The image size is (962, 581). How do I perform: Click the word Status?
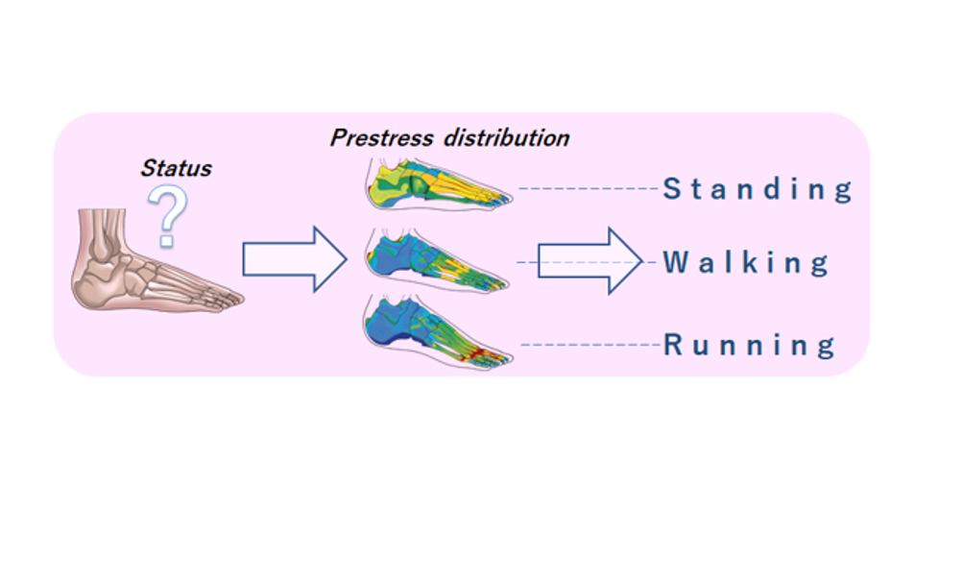pyautogui.click(x=176, y=168)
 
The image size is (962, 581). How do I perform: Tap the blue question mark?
pyautogui.click(x=167, y=216)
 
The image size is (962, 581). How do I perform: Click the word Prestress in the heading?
pyautogui.click(x=381, y=138)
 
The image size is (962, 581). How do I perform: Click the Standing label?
pyautogui.click(x=758, y=189)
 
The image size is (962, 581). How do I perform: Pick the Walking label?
pyautogui.click(x=746, y=262)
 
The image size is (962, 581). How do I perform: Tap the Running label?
pyautogui.click(x=749, y=345)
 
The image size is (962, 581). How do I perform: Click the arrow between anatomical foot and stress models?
pyautogui.click(x=295, y=259)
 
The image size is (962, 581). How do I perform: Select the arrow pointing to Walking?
pyautogui.click(x=590, y=261)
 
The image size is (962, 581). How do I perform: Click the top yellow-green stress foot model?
pyautogui.click(x=438, y=184)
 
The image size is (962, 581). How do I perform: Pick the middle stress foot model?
pyautogui.click(x=436, y=260)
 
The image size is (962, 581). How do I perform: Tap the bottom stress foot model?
pyautogui.click(x=437, y=332)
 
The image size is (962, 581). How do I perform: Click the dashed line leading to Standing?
pyautogui.click(x=589, y=188)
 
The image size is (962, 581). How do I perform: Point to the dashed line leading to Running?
pyautogui.click(x=590, y=345)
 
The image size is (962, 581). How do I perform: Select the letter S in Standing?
pyautogui.click(x=672, y=189)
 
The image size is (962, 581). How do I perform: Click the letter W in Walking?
pyautogui.click(x=676, y=262)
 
